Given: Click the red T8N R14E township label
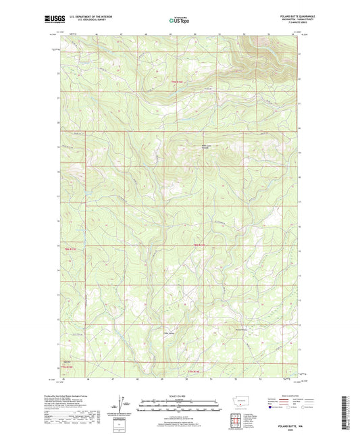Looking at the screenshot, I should (199, 244).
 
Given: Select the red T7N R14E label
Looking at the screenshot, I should (194, 372).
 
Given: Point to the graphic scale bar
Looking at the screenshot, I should (179, 407).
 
